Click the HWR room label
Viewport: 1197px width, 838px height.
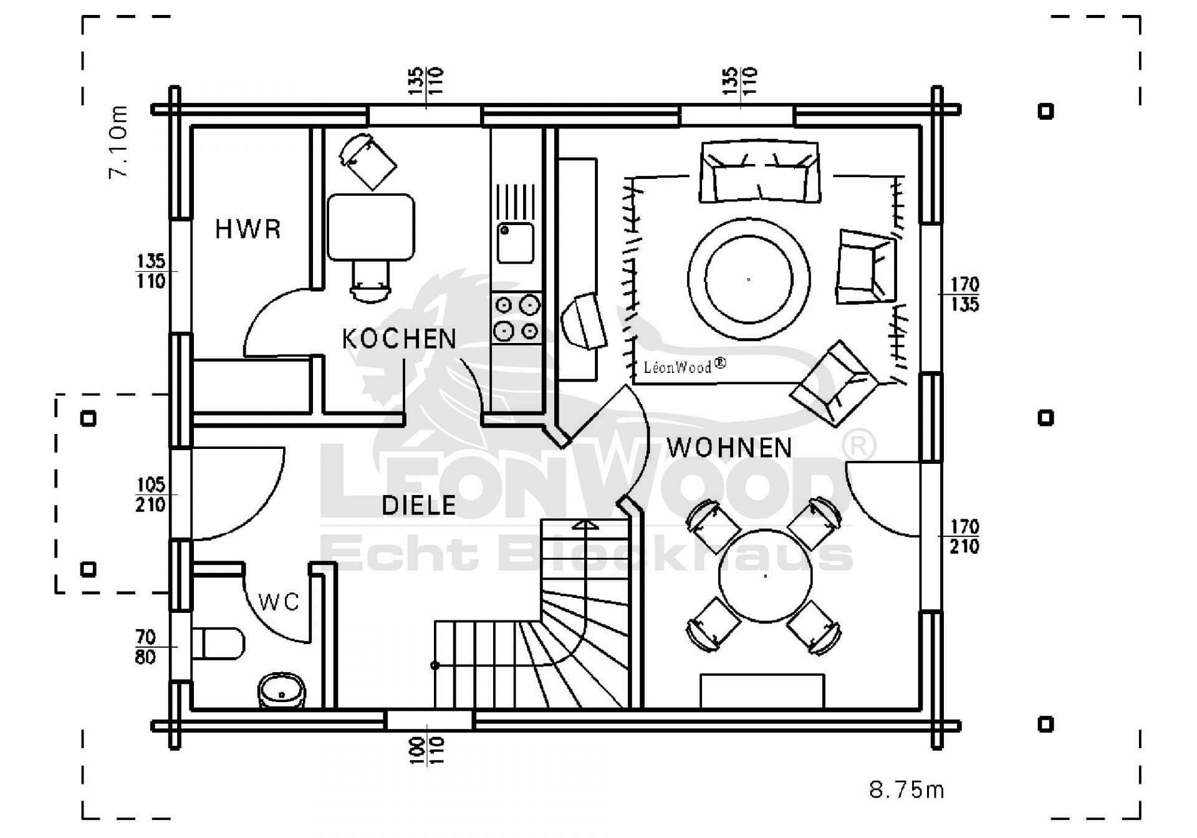[248, 229]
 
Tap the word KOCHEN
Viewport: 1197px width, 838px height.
[399, 339]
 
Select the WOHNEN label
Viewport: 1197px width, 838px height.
[729, 448]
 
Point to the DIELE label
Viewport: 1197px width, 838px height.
[418, 505]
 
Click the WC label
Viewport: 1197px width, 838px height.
[279, 602]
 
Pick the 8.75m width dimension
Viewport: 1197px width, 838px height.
[906, 790]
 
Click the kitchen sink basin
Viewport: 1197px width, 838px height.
[515, 243]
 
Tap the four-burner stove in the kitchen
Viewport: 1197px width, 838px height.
[516, 318]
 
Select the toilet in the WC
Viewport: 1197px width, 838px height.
[218, 643]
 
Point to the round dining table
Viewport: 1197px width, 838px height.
[765, 576]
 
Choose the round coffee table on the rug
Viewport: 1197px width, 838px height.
[749, 279]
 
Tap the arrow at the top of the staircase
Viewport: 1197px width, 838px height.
[584, 526]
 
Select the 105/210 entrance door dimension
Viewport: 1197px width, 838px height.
[151, 494]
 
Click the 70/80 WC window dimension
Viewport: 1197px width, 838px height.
[145, 647]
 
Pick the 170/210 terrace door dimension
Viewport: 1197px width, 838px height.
[964, 537]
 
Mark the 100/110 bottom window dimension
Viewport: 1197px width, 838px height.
[427, 750]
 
